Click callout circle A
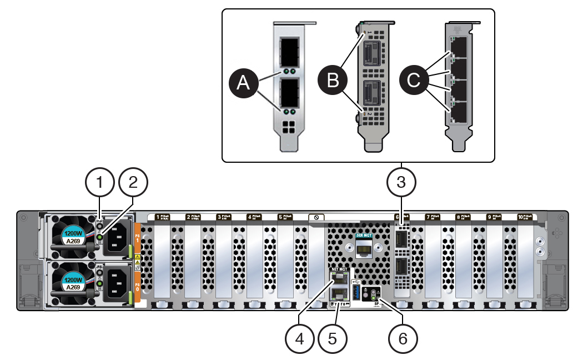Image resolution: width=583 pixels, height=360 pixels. coord(242,83)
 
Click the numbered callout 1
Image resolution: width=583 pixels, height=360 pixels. coord(100,182)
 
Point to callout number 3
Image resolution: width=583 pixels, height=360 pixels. coord(401,182)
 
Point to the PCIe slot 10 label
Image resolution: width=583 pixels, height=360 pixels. coord(524,217)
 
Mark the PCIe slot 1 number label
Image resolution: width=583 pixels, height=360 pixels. coord(158,217)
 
